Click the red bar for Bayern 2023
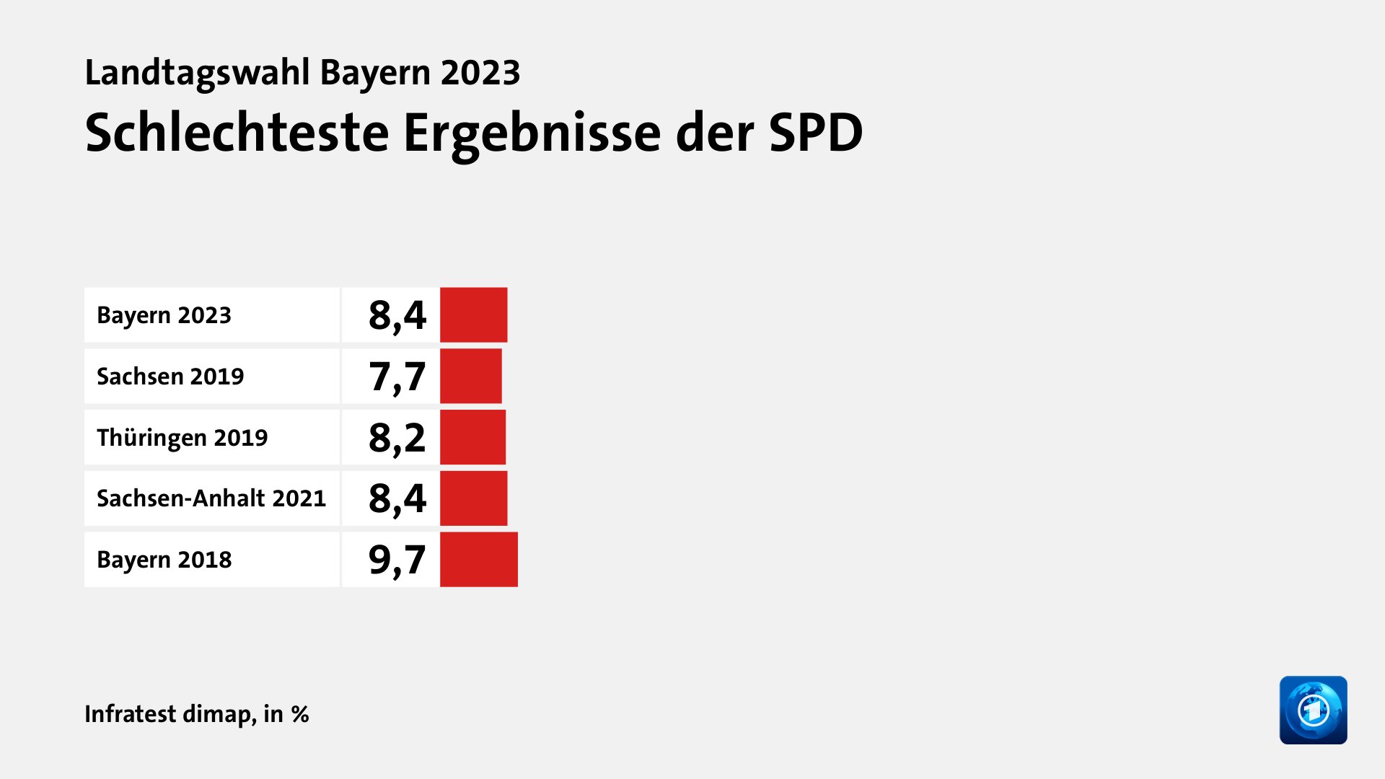click(473, 314)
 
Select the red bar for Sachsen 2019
click(470, 376)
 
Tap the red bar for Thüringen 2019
click(472, 437)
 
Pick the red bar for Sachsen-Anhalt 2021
click(473, 498)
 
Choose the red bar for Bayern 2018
click(478, 560)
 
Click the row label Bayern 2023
click(164, 315)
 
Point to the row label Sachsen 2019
click(170, 377)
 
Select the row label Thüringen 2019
click(182, 438)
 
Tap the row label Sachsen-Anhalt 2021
click(211, 498)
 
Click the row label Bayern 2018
click(164, 560)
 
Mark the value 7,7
click(397, 377)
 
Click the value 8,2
click(397, 438)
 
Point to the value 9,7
click(397, 560)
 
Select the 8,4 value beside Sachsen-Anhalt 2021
click(397, 498)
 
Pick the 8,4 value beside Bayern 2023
click(397, 315)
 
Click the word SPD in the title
click(815, 133)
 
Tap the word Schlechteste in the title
click(237, 133)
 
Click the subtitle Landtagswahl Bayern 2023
click(302, 72)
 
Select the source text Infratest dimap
click(170, 713)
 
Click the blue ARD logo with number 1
click(1313, 710)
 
